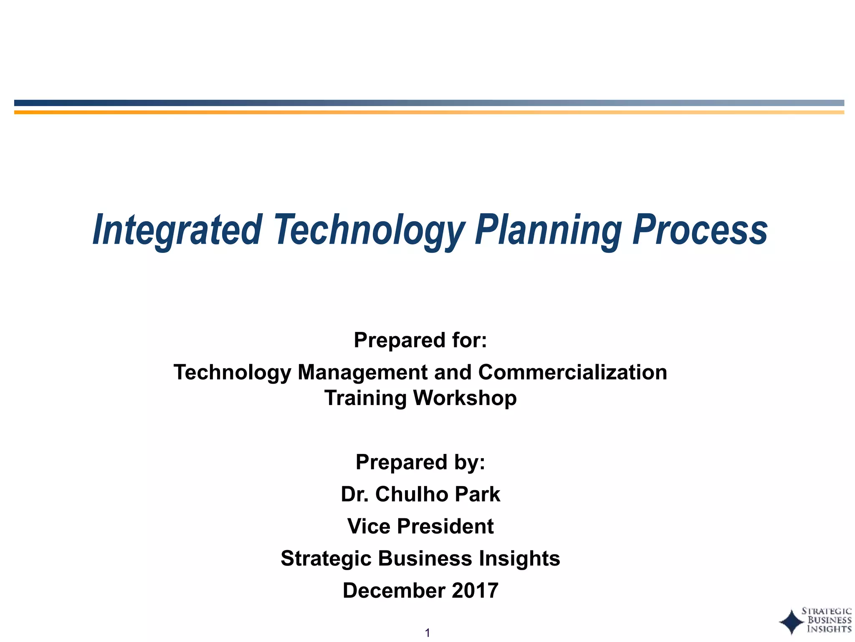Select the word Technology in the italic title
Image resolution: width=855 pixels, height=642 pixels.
[369, 230]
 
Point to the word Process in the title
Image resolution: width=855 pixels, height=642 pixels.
[700, 230]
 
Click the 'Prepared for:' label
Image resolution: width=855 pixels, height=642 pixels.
[420, 340]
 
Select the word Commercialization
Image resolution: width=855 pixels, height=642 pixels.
[572, 372]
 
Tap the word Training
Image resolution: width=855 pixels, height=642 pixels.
[366, 398]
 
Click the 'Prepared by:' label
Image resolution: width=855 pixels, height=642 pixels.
[420, 462]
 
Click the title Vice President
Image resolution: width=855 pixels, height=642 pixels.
[420, 526]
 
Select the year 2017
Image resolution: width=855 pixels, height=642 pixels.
[475, 591]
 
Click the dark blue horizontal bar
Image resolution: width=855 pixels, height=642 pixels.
[429, 103]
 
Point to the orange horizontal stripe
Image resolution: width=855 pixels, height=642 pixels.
[429, 112]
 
